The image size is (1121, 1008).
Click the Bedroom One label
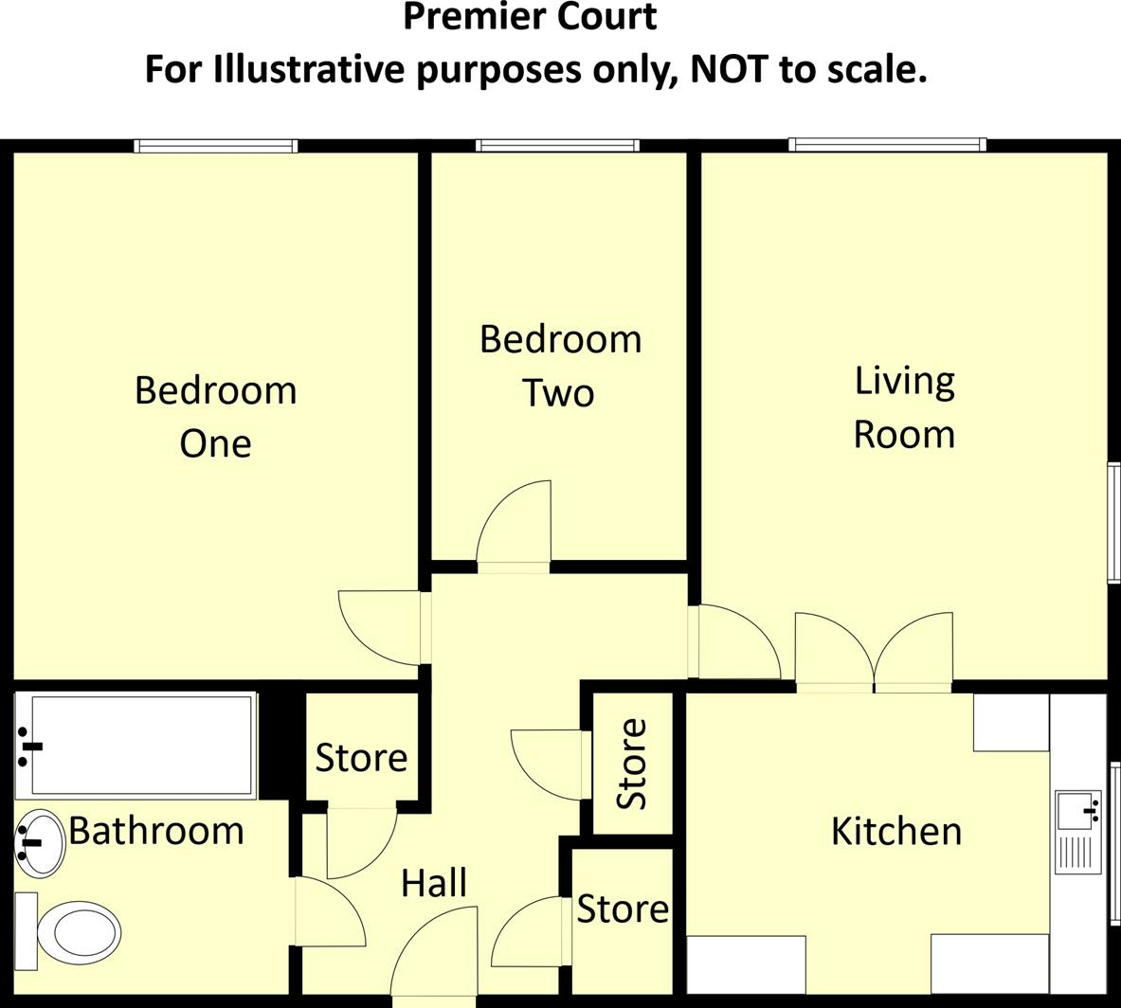215,416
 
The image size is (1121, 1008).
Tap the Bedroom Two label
560,365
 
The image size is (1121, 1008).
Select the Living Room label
904,406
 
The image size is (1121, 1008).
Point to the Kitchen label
895,831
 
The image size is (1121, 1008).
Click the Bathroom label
156,831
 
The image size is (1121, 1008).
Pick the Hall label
433,883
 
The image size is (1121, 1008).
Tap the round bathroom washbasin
40,842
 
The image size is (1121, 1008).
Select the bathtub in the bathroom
137,746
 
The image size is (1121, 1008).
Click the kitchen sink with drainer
1078,832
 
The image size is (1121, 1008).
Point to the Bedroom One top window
216,146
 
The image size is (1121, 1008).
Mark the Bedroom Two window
557,146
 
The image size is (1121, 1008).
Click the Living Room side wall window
1113,522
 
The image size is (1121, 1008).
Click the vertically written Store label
632,764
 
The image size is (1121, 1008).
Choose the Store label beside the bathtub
361,757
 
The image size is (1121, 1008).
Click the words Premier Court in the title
530,17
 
